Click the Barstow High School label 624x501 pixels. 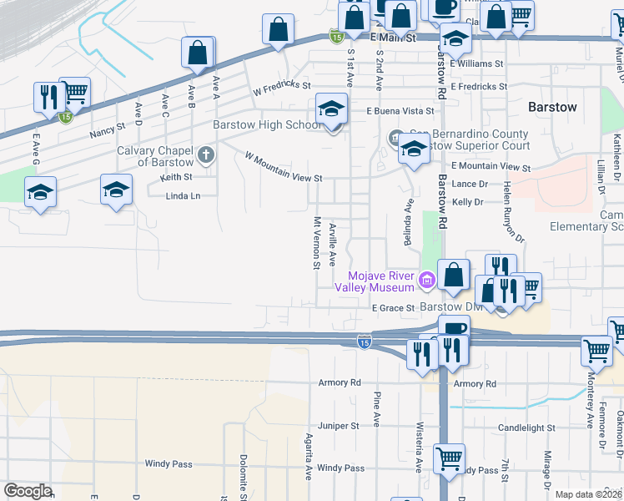(x=266, y=125)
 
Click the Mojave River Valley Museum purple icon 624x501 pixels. (x=428, y=279)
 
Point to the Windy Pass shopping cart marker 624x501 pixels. (x=450, y=458)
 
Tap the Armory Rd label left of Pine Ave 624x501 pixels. (x=339, y=382)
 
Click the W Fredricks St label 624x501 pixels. (x=282, y=85)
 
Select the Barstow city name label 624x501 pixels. (x=552, y=108)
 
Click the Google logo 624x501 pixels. (x=28, y=491)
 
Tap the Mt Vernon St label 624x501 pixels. (x=317, y=244)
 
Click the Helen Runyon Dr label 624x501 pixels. (x=512, y=213)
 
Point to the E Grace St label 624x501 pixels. (x=393, y=308)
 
